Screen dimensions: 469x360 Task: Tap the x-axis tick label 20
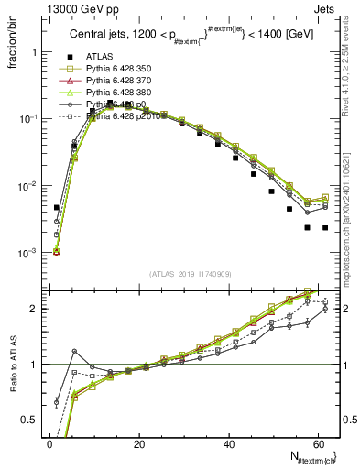point(139,444)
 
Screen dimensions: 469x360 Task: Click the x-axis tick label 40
point(229,444)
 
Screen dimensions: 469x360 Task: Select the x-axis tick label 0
point(50,444)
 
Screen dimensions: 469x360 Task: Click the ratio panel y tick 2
point(36,309)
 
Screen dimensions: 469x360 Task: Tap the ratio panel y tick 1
point(36,365)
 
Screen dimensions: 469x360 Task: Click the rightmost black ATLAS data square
point(324,228)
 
